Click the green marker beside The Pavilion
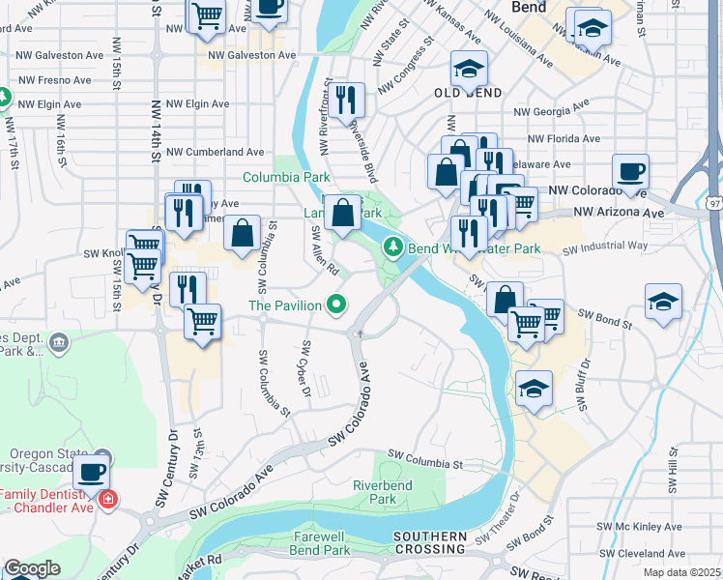click(336, 305)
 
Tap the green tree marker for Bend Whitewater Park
click(393, 247)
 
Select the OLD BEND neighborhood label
click(467, 93)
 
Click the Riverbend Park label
click(382, 492)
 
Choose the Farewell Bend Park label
click(322, 543)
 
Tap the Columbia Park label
click(286, 177)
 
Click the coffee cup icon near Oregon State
click(92, 473)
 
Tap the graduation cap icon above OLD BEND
click(469, 69)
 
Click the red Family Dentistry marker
click(107, 500)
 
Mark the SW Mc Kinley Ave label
click(638, 527)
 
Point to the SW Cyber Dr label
click(306, 369)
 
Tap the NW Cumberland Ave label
click(216, 152)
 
